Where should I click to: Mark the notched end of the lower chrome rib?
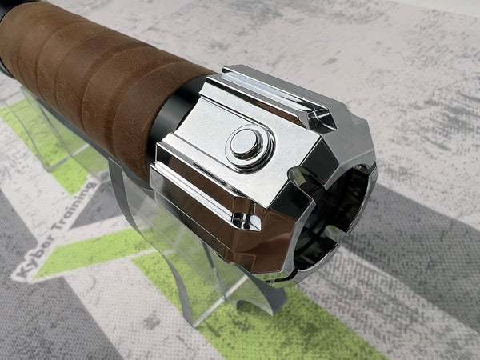point(249,221)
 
